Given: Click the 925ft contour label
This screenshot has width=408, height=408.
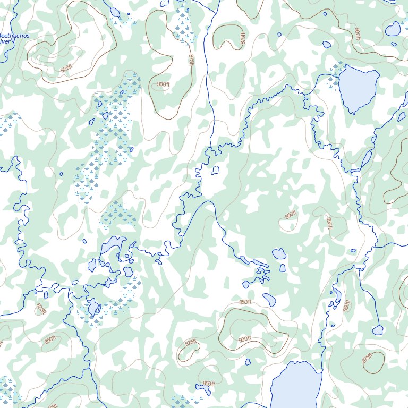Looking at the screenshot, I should tap(66, 69).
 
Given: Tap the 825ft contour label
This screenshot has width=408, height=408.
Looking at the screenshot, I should tap(41, 308).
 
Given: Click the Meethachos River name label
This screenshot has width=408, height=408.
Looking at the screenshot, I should tap(13, 39).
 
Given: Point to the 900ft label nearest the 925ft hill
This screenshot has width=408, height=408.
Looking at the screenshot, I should tap(163, 84).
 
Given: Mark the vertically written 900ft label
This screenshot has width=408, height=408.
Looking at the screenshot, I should tap(357, 33).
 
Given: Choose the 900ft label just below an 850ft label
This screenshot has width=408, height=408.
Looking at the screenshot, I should tap(244, 339).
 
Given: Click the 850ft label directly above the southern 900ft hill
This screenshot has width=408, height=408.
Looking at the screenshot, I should tap(244, 302).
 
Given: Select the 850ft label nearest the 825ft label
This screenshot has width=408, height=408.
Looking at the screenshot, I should tap(50, 340).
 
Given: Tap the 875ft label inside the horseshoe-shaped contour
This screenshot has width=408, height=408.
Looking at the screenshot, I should tap(243, 39).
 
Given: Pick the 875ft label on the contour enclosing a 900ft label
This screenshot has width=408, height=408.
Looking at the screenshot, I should tap(191, 60).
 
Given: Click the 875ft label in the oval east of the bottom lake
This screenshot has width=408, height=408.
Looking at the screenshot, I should tap(367, 359).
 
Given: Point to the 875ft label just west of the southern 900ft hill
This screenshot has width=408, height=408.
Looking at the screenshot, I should tap(191, 344).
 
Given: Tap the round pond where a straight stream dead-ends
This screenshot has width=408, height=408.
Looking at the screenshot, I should tap(378, 330).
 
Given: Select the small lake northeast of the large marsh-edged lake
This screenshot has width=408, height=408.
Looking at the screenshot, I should tap(393, 29).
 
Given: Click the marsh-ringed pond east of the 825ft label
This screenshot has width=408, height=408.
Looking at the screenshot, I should tap(93, 308).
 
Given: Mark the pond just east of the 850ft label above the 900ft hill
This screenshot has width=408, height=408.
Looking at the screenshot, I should tap(269, 300).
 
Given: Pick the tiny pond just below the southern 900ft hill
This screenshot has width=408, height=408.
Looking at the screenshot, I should tap(248, 362).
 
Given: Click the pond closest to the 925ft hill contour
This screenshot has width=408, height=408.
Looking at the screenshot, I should tap(115, 12).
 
